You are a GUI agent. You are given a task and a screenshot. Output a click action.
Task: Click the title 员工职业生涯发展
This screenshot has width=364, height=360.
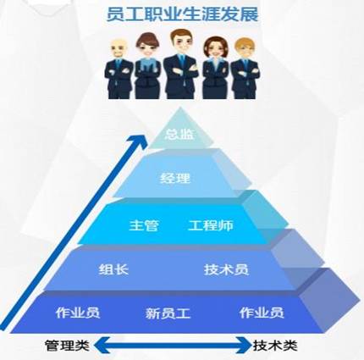click(x=182, y=14)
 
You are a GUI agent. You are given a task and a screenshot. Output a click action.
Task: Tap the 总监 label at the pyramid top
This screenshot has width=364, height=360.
click(x=179, y=134)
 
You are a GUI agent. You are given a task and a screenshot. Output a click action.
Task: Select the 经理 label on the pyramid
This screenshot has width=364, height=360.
click(x=175, y=178)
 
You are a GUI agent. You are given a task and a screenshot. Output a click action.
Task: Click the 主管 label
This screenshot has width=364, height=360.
click(x=144, y=225)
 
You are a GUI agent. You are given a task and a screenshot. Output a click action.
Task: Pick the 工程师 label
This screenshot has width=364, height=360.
click(x=211, y=225)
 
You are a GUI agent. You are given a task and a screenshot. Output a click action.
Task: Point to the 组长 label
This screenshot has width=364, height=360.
click(x=113, y=269)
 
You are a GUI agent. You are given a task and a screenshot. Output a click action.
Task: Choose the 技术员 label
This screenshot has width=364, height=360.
click(x=226, y=269)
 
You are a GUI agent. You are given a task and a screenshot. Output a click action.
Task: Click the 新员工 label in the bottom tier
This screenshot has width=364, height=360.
click(x=168, y=313)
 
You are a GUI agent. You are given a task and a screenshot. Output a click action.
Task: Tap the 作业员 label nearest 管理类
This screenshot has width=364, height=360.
click(x=78, y=313)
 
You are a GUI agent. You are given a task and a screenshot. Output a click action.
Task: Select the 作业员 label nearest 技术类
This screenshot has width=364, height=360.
click(x=262, y=313)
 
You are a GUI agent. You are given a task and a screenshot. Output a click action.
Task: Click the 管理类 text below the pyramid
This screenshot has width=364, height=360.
click(x=67, y=346)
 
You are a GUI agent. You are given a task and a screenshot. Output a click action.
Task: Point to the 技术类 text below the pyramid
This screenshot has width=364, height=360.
click(x=275, y=346)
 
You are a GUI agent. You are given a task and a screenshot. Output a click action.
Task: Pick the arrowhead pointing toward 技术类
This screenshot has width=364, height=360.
click(x=244, y=345)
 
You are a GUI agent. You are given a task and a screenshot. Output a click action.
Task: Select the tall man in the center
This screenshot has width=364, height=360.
click(x=181, y=64)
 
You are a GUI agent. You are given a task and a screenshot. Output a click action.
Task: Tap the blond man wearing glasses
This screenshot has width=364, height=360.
click(x=245, y=69)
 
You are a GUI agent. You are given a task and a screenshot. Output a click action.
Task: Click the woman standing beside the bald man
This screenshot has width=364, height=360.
click(x=148, y=66)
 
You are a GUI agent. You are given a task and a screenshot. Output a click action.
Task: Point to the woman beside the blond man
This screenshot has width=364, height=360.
click(x=216, y=68)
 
